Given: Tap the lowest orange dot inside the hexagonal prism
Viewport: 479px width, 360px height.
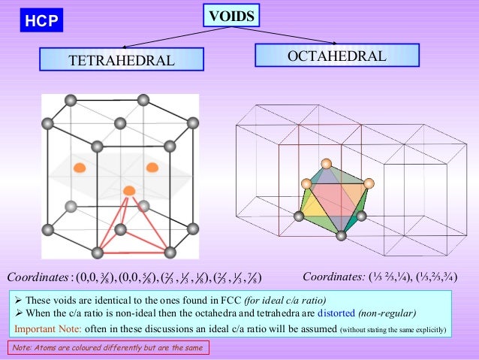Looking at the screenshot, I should pyautogui.click(x=129, y=190).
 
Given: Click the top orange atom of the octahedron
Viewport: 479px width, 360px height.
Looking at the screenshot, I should pyautogui.click(x=326, y=164).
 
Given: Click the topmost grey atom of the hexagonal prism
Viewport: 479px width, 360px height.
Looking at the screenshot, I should pyautogui.click(x=70, y=98).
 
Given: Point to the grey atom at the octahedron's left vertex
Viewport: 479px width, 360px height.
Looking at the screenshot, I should pyautogui.click(x=298, y=217).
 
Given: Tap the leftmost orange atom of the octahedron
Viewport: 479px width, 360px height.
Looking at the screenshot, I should pyautogui.click(x=306, y=183).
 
